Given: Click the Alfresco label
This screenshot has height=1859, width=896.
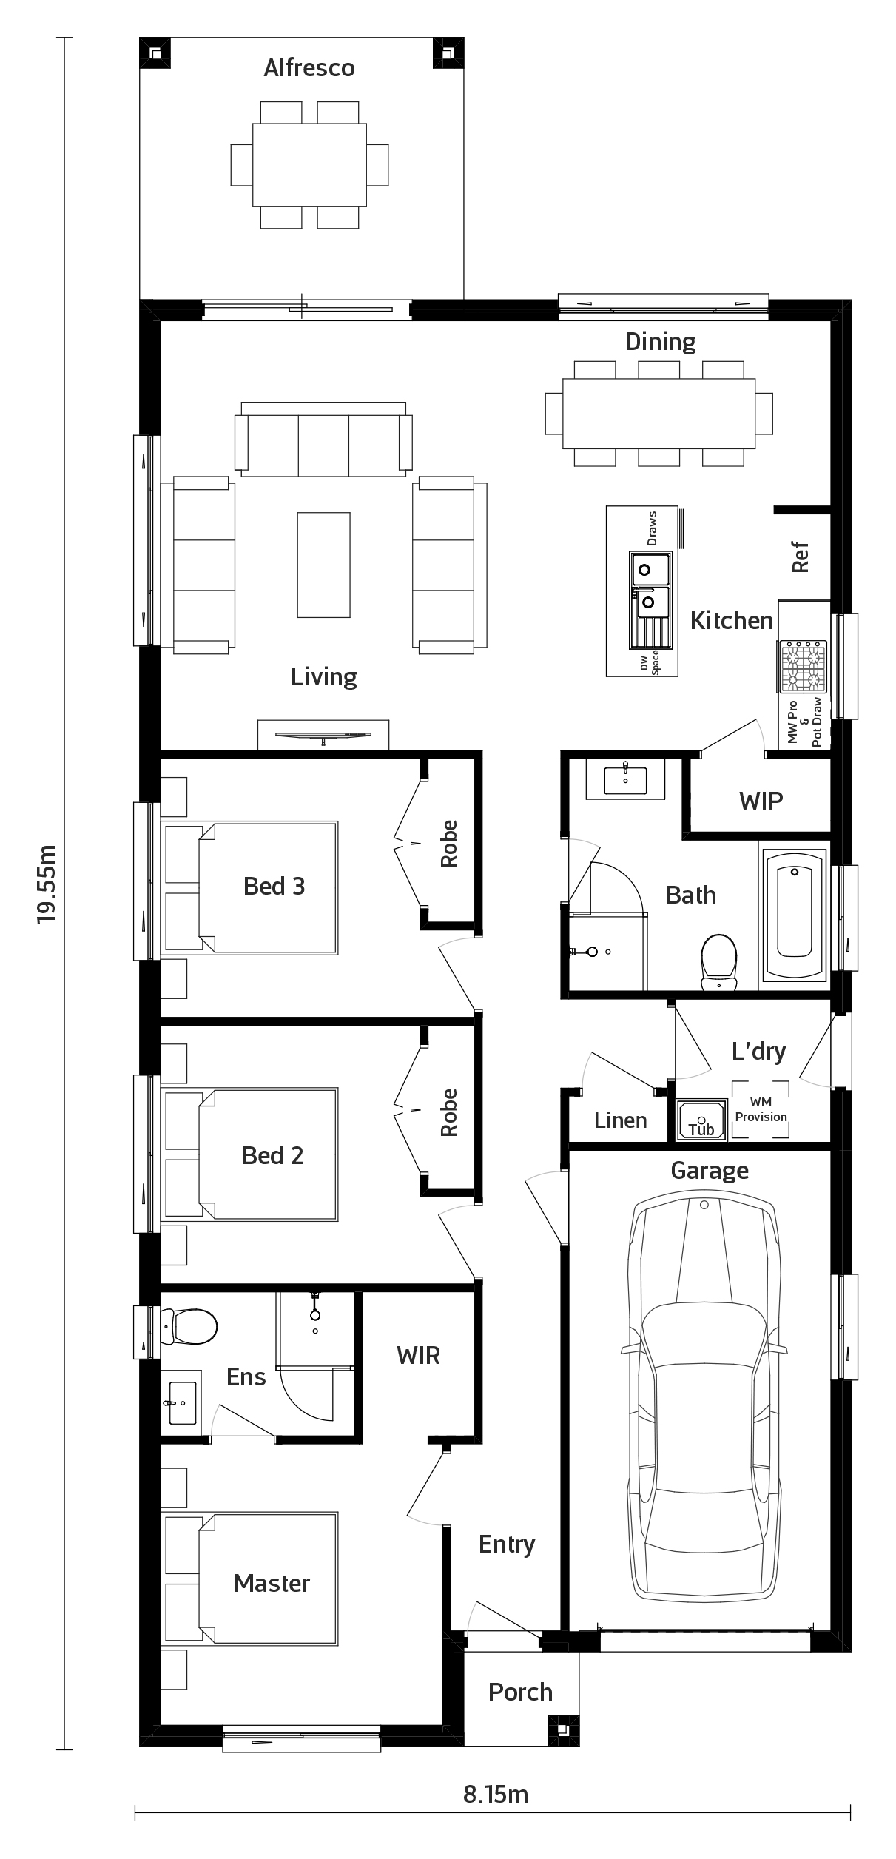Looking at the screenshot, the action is click(309, 68).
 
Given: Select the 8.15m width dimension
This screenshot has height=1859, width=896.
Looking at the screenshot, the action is click(496, 1794).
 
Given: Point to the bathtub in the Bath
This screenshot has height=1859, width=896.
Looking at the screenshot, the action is click(795, 915).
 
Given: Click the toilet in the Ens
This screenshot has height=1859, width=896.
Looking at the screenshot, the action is click(189, 1325).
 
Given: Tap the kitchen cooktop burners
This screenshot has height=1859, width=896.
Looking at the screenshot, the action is click(804, 666).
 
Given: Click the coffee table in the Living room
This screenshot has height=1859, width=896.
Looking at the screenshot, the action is click(324, 565).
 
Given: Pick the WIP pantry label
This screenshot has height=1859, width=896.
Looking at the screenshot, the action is click(761, 801).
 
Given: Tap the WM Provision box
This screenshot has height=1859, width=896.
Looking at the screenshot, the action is click(761, 1109).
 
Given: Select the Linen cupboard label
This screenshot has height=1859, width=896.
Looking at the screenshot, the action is click(620, 1120).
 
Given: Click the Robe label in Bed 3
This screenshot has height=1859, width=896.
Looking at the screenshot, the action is click(449, 844).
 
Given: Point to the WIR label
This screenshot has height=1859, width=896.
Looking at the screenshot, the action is click(418, 1356).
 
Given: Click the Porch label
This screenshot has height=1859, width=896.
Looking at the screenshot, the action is click(520, 1692).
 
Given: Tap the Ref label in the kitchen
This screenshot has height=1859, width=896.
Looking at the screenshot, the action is click(801, 557).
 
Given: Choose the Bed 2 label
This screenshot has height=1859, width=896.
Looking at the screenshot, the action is click(272, 1155).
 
